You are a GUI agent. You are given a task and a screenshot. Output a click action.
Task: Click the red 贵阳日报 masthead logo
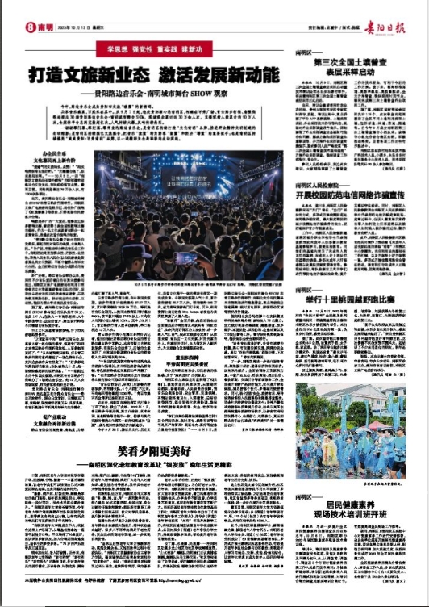coord(385,24)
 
